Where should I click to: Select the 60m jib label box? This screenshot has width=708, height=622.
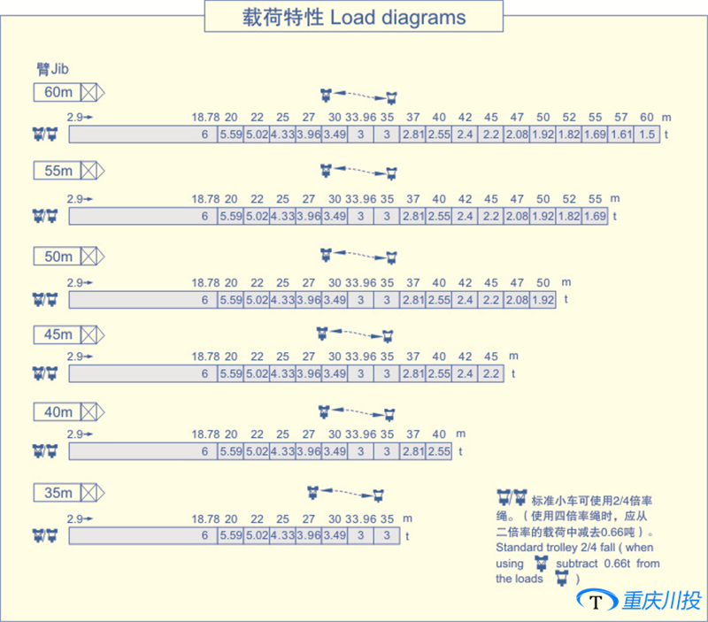coord(58,92)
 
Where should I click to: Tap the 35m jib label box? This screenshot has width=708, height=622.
coord(58,493)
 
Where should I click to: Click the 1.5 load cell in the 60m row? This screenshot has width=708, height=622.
coord(647,134)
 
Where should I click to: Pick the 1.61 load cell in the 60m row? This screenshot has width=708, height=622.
coord(621,134)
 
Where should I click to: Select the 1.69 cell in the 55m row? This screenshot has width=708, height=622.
coord(595,216)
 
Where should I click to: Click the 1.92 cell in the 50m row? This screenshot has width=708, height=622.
coord(543,300)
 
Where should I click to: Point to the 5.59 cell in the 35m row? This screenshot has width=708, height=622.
coord(230,535)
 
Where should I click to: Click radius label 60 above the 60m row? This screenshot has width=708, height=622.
coord(647,118)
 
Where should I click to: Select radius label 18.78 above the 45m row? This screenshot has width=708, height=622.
coord(205,357)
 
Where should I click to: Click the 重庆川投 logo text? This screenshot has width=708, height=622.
coord(662,601)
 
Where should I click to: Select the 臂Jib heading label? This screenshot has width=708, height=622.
coord(53,68)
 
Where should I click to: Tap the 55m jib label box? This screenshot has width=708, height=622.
coord(58,172)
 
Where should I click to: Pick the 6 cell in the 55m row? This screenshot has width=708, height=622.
coord(204,216)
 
